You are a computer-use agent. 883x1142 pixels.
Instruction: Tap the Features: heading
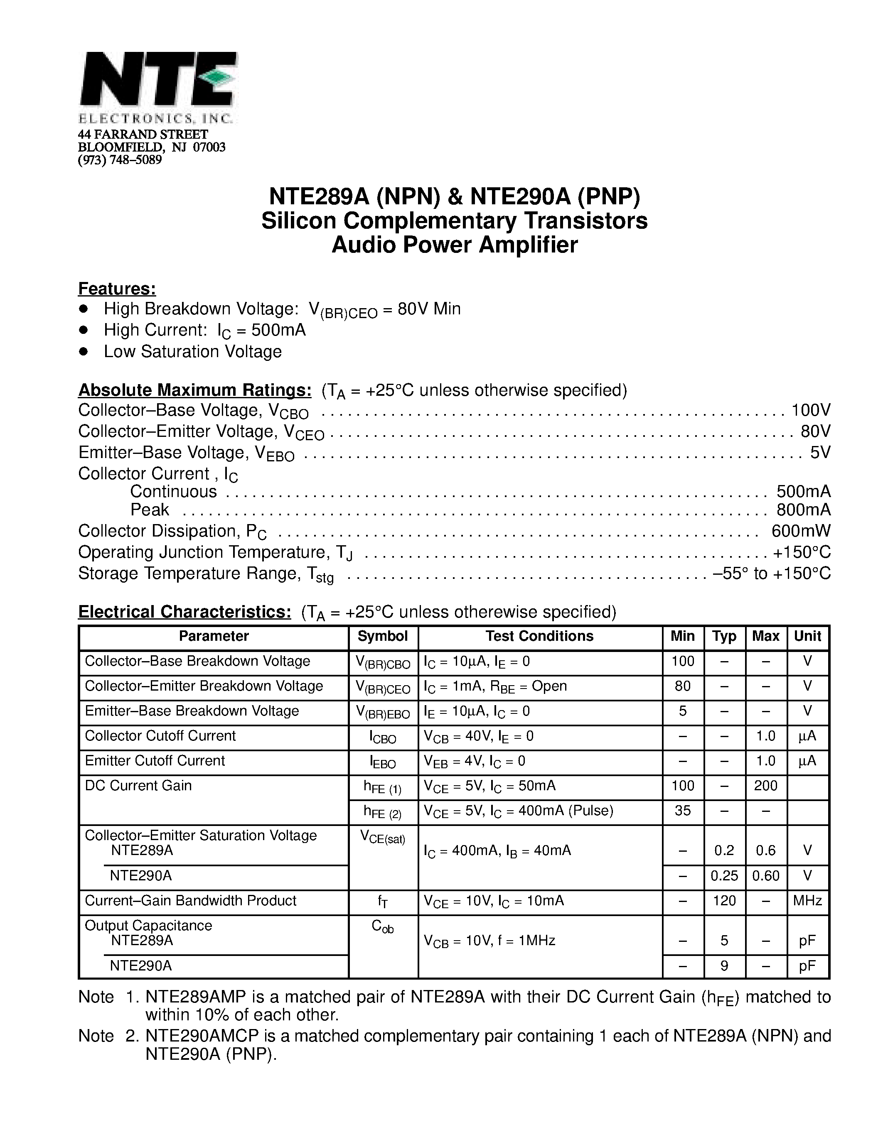pos(117,289)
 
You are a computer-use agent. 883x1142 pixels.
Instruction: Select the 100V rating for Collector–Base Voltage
pos(810,410)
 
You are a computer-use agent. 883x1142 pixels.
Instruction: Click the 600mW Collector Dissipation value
pos(800,531)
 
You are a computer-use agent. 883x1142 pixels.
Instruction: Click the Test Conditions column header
pos(539,636)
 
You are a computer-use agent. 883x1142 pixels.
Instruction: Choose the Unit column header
pos(807,636)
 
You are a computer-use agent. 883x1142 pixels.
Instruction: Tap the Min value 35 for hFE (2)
pos(683,811)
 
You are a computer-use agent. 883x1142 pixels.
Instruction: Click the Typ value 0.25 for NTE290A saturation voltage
pos(724,875)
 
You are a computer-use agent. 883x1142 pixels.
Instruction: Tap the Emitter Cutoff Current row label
pos(155,760)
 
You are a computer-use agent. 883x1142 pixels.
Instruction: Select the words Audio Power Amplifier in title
pos(454,245)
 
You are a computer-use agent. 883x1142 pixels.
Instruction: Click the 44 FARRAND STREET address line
pos(143,135)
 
